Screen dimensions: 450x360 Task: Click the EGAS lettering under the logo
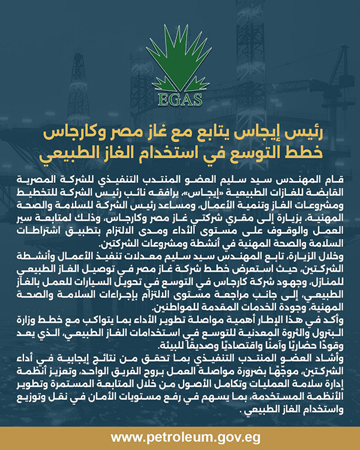pos(179,98)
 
